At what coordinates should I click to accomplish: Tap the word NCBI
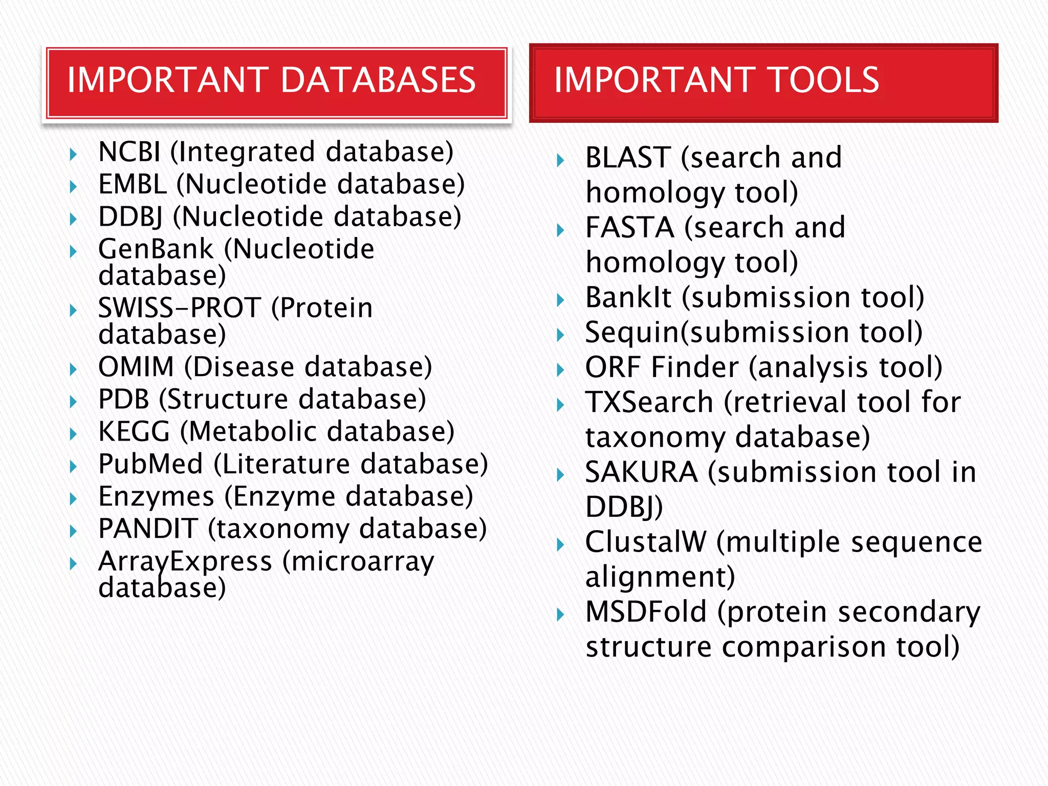[129, 152]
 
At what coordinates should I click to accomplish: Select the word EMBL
[133, 184]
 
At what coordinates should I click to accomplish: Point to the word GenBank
[156, 249]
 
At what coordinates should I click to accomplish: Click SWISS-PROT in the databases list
[180, 308]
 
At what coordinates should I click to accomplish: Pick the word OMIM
[136, 367]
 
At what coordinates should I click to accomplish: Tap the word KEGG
[134, 431]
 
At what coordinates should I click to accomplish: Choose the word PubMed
[151, 464]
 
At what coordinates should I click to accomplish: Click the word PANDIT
[148, 529]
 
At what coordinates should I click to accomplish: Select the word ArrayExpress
[185, 562]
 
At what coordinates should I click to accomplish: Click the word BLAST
[628, 158]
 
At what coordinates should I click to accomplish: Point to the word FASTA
[630, 228]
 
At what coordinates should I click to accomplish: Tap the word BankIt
[628, 297]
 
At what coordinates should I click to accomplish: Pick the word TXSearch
[649, 402]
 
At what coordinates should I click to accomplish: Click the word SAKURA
[642, 472]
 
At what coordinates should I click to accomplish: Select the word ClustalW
[646, 542]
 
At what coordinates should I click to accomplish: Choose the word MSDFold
[646, 612]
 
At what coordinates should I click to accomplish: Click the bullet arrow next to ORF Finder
[560, 370]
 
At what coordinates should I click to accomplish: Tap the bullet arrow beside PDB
[73, 402]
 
